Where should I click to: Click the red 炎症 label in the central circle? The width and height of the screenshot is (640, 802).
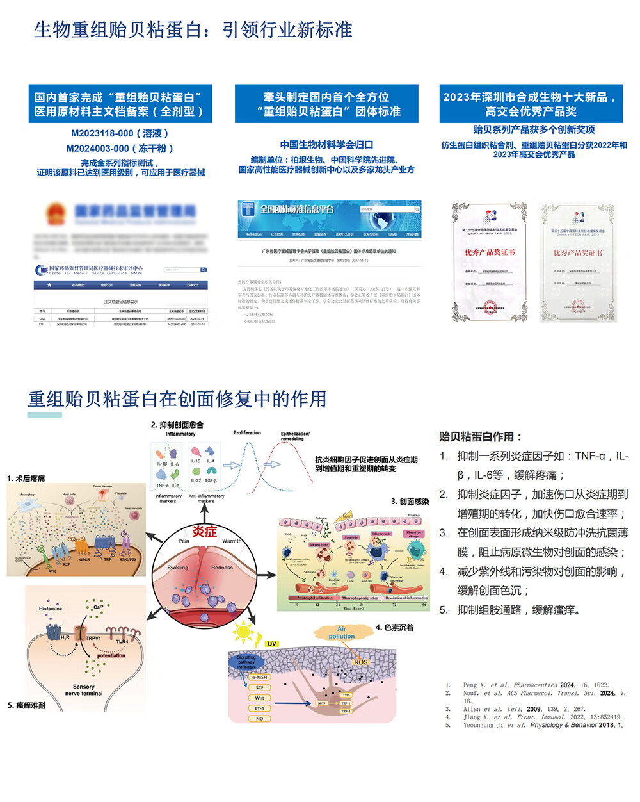pos(204,531)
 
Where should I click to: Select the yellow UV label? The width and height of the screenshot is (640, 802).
pos(272,643)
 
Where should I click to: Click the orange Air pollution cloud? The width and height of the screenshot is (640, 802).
pos(341,632)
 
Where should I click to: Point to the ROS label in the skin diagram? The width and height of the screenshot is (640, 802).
pos(361,662)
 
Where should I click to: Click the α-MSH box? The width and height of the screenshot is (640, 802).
pos(259,677)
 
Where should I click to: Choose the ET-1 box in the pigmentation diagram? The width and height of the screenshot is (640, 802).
pos(259,708)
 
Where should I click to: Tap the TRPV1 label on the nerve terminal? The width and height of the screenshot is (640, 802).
pos(93,638)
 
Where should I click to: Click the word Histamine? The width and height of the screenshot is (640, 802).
pos(51,609)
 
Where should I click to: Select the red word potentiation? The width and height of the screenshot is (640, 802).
pos(111,655)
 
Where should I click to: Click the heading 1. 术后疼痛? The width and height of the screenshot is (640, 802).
pos(26,479)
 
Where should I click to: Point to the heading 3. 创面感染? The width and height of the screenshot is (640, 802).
pos(410,502)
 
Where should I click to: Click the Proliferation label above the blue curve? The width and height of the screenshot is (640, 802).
pos(247,433)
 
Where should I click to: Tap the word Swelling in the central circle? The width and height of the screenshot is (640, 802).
pos(178,568)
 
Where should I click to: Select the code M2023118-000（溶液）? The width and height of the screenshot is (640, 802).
pos(120,133)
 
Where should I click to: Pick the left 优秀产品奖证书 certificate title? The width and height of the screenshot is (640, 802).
pos(490,252)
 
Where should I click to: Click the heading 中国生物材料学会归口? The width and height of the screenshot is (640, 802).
pos(326,145)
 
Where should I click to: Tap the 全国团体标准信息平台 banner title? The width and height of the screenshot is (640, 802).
pos(297,209)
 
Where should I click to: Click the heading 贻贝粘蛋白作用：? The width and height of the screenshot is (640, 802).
pos(480,437)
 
